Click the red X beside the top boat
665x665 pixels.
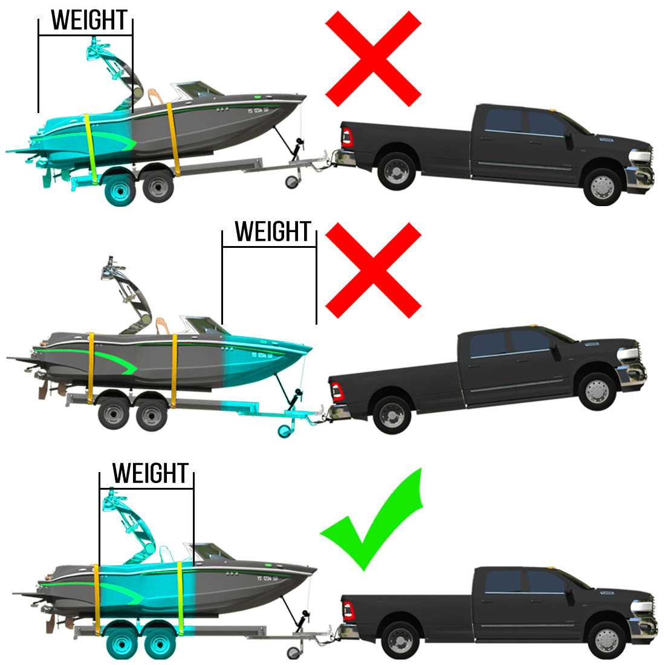click(x=373, y=59)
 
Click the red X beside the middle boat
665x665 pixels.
click(x=373, y=270)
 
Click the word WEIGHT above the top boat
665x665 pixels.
click(x=90, y=20)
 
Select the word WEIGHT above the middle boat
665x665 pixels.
click(x=273, y=232)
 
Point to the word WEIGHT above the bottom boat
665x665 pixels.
click(x=151, y=473)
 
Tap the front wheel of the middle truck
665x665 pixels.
click(x=597, y=391)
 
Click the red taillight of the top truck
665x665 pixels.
click(x=346, y=137)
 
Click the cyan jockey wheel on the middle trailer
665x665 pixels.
click(x=283, y=431)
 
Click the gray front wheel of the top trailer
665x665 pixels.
click(x=158, y=187)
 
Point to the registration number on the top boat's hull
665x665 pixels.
click(x=258, y=111)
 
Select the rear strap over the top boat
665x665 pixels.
click(x=91, y=145)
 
